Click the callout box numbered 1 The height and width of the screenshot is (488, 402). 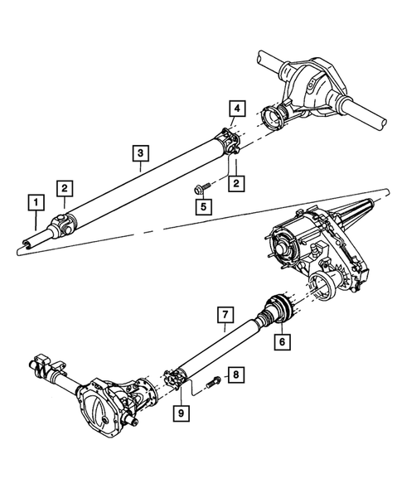point(34,201)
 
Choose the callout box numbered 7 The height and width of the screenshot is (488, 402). point(224,315)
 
